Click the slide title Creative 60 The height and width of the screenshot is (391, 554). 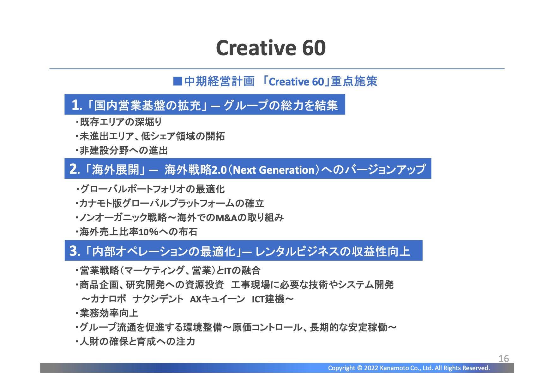point(271,48)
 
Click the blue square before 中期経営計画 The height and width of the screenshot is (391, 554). point(178,81)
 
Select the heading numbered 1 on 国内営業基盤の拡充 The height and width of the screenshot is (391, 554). point(205,105)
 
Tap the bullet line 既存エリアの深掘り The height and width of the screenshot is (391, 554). point(119,122)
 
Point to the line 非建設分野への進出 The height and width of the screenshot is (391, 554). point(122,150)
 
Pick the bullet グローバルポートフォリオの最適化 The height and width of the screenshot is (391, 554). point(150,189)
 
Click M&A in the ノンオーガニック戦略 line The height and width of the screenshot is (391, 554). point(226,218)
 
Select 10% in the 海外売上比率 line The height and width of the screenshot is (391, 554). point(148,232)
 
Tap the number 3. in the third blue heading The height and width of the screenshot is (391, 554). point(75,251)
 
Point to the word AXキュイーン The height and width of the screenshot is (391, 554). point(218,299)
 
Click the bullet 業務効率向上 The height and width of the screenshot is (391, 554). point(107,313)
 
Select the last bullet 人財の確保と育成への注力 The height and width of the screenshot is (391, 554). point(135,341)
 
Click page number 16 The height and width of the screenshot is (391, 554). point(504,359)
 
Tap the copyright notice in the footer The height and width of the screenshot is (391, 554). point(409,368)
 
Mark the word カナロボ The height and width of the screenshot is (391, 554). point(108,299)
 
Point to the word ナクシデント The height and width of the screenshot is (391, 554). point(158,299)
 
